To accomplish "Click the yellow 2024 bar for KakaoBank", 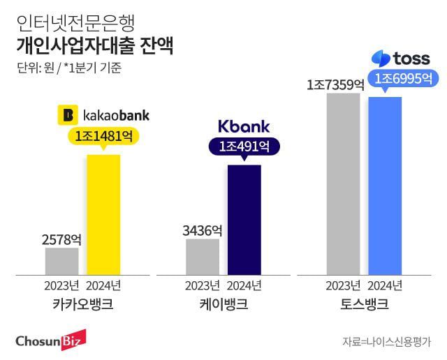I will [x=103, y=214].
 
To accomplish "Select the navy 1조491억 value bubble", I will [x=244, y=147].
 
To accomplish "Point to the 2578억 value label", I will [x=61, y=239].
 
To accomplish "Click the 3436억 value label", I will [x=202, y=230].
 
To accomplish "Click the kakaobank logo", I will [x=103, y=114].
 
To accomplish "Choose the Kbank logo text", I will [x=244, y=126].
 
